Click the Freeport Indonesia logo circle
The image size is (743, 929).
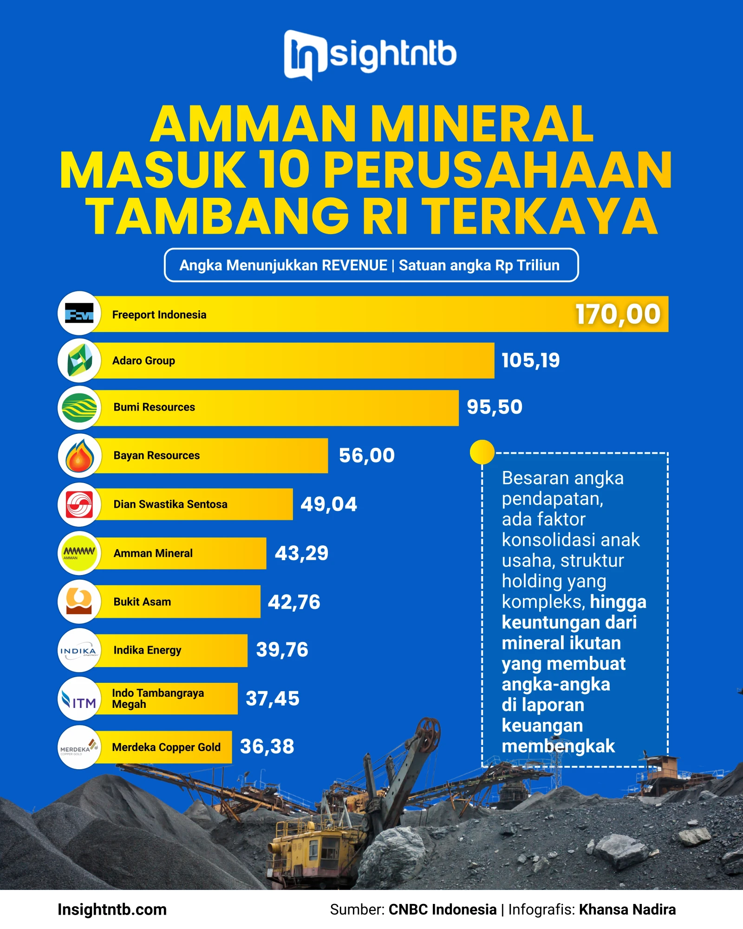[x=79, y=314]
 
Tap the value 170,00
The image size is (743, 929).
[x=618, y=314]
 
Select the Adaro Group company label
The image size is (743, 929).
[x=143, y=361]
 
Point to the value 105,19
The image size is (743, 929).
[x=530, y=361]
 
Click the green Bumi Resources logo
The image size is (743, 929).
[x=79, y=408]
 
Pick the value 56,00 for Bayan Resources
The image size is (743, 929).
[x=366, y=456]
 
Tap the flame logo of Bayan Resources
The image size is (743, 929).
[x=79, y=456]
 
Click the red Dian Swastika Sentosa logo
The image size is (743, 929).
[x=79, y=504]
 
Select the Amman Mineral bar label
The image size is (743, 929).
[x=153, y=553]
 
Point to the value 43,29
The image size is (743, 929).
[x=301, y=553]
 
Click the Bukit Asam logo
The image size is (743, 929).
[x=79, y=602]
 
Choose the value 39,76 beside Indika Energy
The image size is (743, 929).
[x=282, y=650]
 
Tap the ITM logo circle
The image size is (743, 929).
[x=79, y=699]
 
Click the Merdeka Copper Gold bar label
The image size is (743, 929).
[x=166, y=747]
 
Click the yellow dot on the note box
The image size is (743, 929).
[x=482, y=452]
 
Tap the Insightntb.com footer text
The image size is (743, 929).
[x=112, y=909]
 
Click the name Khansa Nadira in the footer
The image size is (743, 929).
[x=627, y=909]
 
